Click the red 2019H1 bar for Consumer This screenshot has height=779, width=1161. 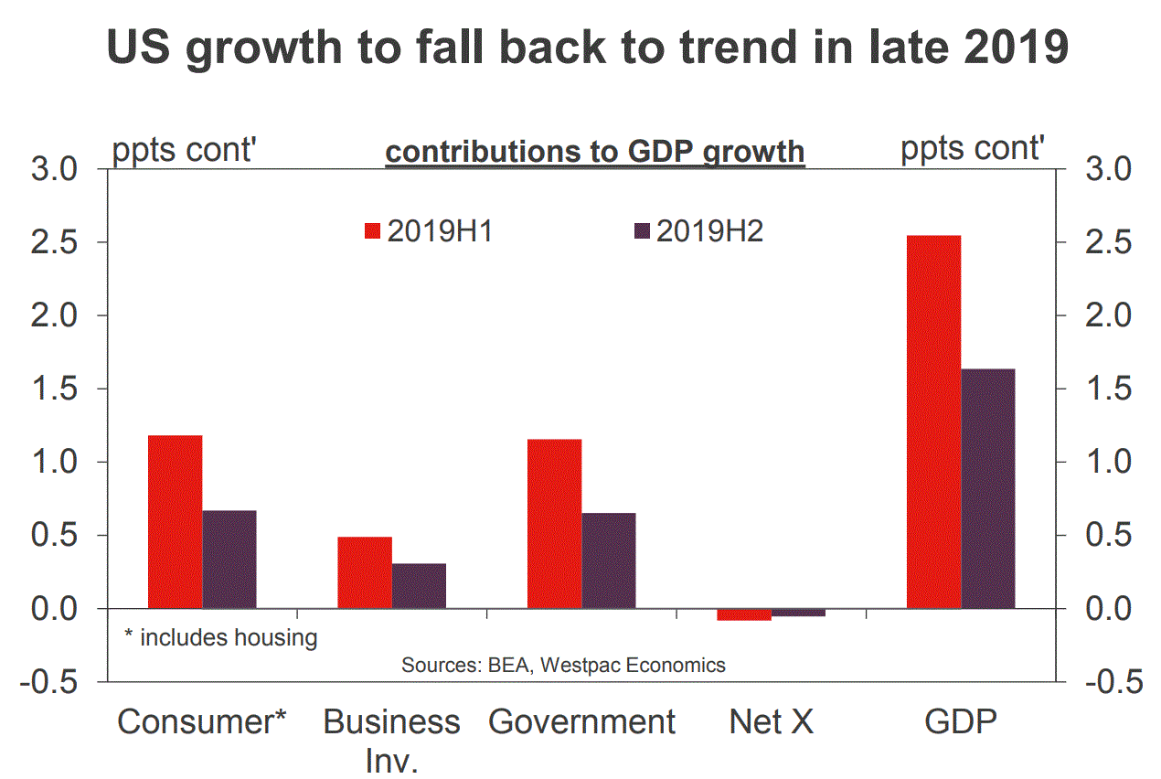tap(175, 521)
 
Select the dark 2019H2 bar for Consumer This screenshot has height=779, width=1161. tap(229, 559)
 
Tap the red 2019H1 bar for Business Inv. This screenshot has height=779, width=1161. tap(365, 572)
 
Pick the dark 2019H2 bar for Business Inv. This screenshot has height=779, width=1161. tap(420, 585)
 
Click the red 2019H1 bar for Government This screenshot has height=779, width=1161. tap(555, 523)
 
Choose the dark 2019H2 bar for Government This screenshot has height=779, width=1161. tap(609, 560)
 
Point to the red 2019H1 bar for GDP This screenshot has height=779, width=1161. tap(933, 422)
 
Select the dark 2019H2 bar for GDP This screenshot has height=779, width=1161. tap(988, 488)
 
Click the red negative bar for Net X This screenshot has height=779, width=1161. tap(744, 614)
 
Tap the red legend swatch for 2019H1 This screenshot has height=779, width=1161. tap(372, 231)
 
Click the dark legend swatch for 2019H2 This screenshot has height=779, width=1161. tap(641, 231)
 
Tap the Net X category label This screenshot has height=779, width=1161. tap(771, 722)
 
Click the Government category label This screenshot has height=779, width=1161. tap(582, 722)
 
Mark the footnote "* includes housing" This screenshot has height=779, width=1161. tap(220, 637)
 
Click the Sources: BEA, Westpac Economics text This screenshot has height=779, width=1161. tap(563, 665)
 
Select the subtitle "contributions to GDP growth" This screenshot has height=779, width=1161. tap(595, 152)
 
